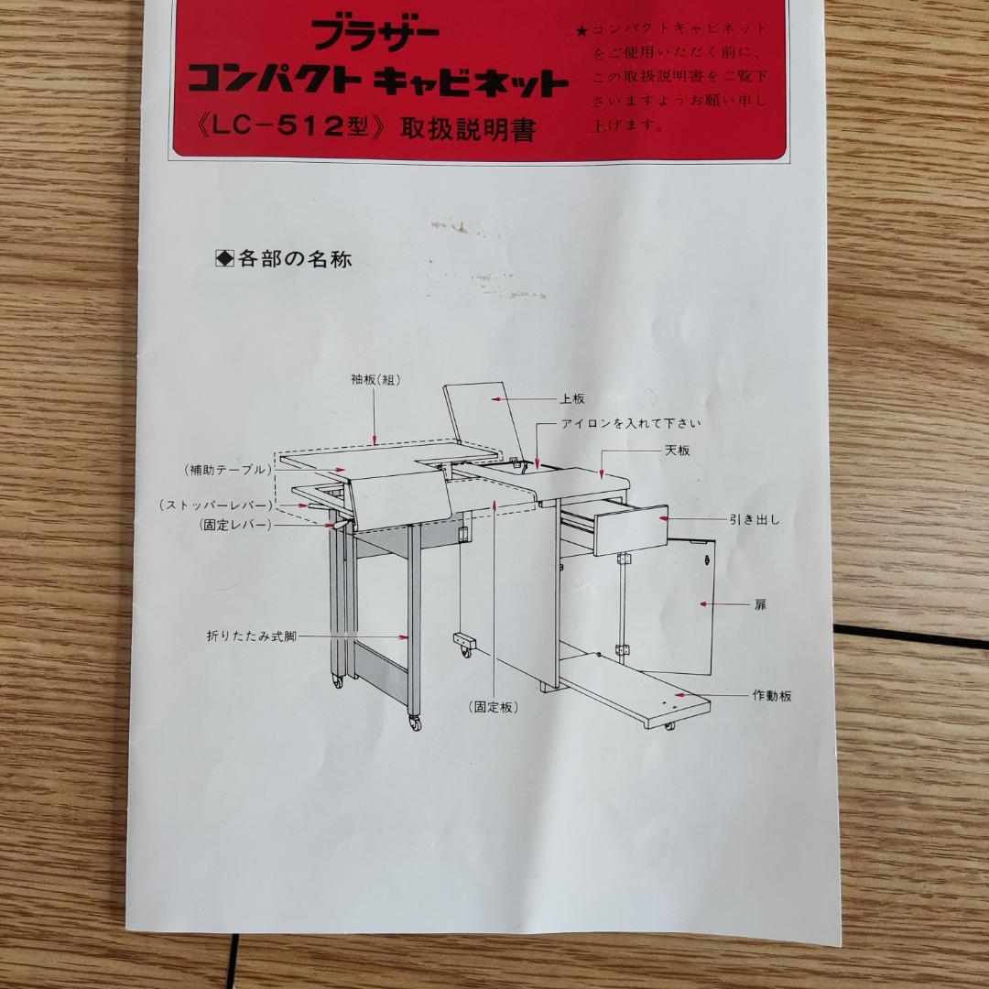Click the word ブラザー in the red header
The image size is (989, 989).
(x=375, y=35)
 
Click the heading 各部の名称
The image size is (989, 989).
(x=294, y=259)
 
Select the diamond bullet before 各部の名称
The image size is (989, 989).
(x=224, y=259)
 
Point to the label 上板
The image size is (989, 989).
(x=572, y=399)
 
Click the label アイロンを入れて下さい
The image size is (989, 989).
(x=631, y=423)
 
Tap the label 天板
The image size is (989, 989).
(x=678, y=451)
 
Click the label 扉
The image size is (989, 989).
(x=760, y=604)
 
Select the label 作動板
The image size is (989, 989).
(x=772, y=695)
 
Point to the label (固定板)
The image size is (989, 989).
(x=493, y=707)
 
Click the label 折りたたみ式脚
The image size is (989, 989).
(x=253, y=635)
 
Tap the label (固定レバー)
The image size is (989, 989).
(x=235, y=525)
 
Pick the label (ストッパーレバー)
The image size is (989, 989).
(x=215, y=505)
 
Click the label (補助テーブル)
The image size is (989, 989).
(x=228, y=470)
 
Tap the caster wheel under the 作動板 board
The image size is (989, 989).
(x=669, y=726)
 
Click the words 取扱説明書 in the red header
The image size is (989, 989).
(x=467, y=129)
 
